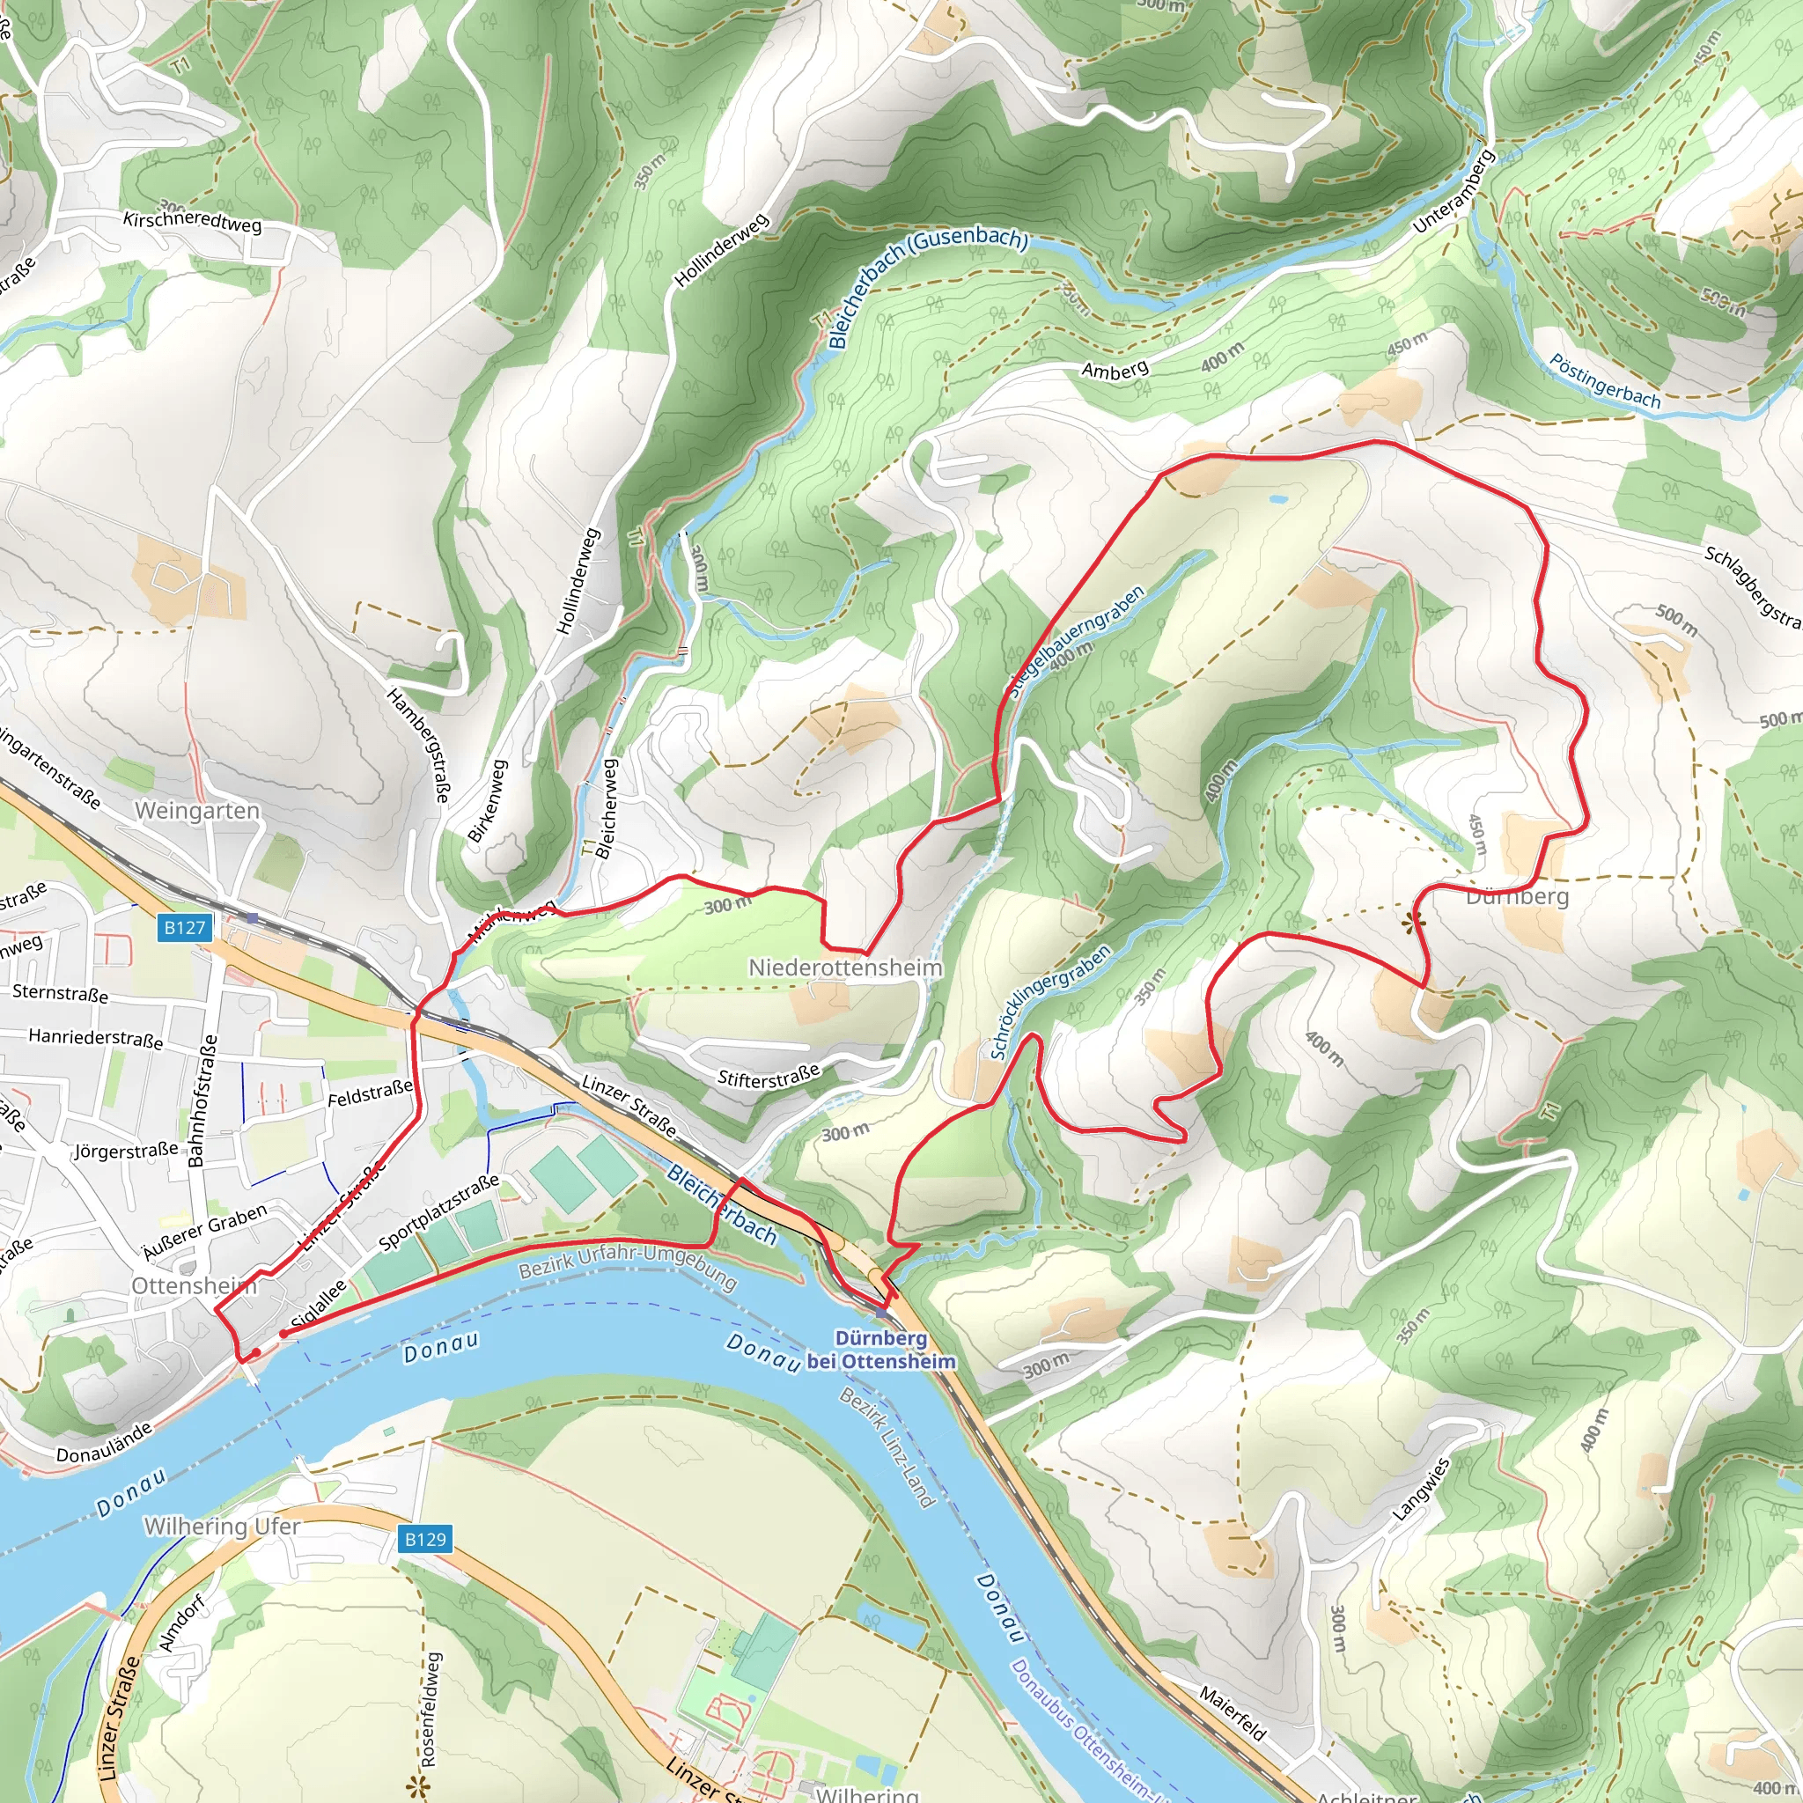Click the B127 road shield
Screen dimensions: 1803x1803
185,927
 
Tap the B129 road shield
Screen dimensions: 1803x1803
425,1539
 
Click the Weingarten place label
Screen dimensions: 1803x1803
197,810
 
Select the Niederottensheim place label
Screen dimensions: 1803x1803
844,968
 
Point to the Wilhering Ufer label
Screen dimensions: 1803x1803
222,1526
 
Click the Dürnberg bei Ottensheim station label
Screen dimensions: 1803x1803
881,1350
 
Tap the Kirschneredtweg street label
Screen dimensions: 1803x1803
192,220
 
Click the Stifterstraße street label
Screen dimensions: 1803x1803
768,1077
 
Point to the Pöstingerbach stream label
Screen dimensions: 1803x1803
1604,380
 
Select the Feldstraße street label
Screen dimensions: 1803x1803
370,1093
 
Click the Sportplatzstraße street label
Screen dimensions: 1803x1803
438,1212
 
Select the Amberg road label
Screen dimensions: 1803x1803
1115,371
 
